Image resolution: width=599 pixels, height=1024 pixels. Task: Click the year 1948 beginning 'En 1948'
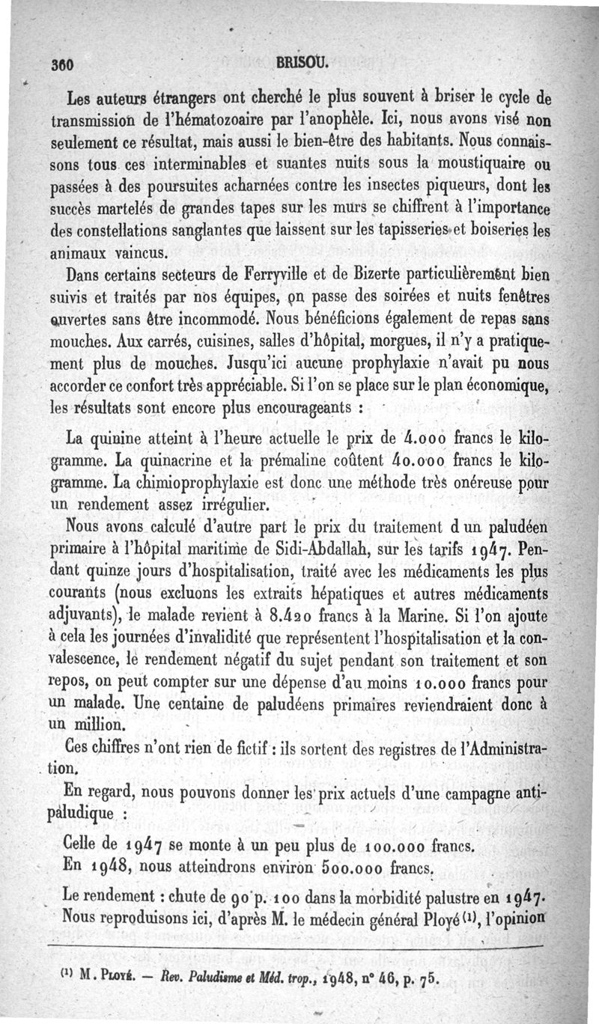click(x=109, y=870)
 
